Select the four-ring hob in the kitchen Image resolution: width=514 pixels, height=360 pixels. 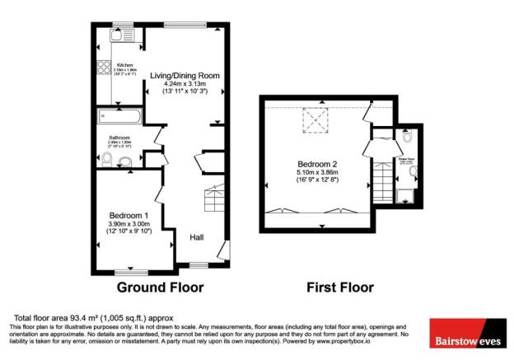coord(105,69)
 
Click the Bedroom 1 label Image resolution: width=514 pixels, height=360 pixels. coord(130,213)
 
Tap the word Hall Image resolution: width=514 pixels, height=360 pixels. coord(197,237)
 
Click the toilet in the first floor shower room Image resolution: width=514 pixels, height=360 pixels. coord(406,138)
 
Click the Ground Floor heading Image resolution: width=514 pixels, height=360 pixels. coord(160,288)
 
